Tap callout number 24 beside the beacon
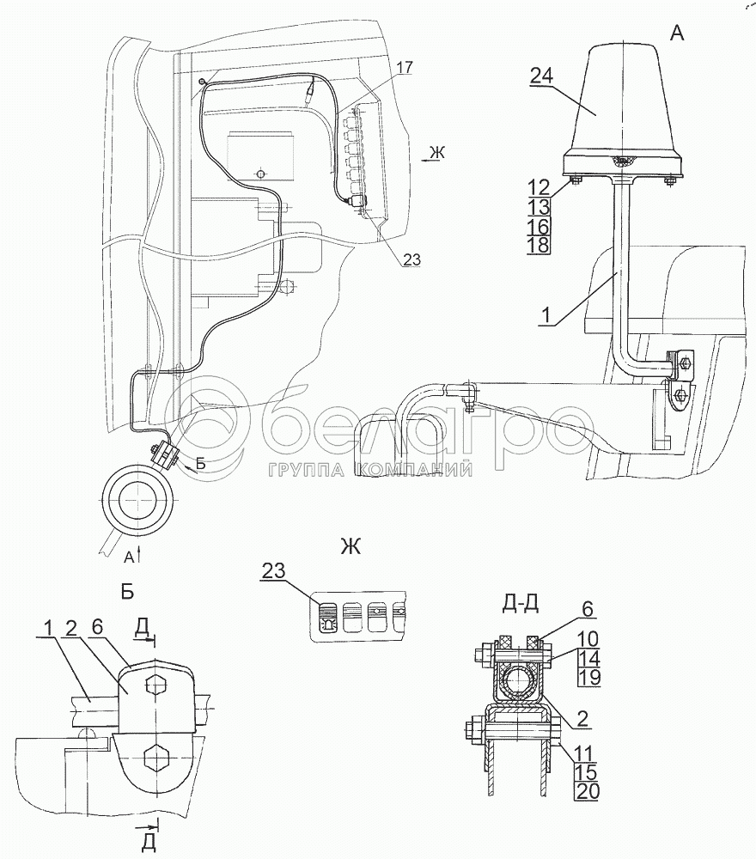[x=541, y=76]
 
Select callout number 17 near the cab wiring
[x=405, y=68]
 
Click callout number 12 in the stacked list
[x=539, y=188]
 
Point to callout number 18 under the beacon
[x=539, y=245]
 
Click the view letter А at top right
[x=677, y=34]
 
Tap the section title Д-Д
[x=520, y=604]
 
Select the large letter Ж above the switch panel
[x=351, y=546]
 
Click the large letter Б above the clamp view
[x=127, y=592]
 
